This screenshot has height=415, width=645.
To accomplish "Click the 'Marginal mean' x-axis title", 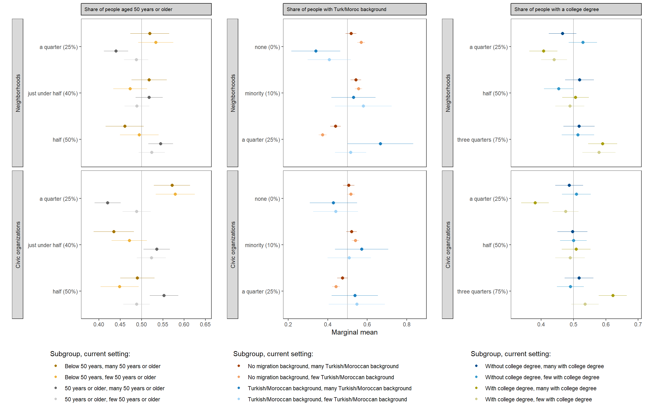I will pyautogui.click(x=354, y=332).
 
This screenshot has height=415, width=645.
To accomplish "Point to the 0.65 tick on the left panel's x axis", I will pyautogui.click(x=205, y=324).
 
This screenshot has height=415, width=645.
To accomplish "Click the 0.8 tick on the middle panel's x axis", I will pyautogui.click(x=406, y=324).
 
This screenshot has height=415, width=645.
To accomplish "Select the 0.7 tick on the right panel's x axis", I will pyautogui.click(x=638, y=324).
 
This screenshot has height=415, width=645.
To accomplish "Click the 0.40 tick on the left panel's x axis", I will pyautogui.click(x=99, y=324).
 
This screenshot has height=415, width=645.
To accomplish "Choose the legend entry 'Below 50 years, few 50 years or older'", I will pyautogui.click(x=110, y=377).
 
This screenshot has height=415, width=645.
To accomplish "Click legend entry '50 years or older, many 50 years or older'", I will pyautogui.click(x=114, y=388).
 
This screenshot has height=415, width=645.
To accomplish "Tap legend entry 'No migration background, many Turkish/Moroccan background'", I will pyautogui.click(x=323, y=366).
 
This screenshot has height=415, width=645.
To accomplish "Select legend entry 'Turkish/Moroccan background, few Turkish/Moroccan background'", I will pyautogui.click(x=327, y=399).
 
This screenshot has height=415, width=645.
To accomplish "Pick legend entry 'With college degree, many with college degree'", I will pyautogui.click(x=541, y=388).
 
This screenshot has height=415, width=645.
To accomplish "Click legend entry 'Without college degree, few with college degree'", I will pyautogui.click(x=542, y=377).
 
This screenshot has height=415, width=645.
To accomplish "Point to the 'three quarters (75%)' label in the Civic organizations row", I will pyautogui.click(x=482, y=292).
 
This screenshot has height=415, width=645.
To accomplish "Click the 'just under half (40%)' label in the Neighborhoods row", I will pyautogui.click(x=53, y=93).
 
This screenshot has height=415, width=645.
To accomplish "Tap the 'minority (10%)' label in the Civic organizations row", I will pyautogui.click(x=262, y=245).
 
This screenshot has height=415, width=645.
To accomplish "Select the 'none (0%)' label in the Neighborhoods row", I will pyautogui.click(x=267, y=47).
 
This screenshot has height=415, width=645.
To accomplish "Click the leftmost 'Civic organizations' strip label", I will pyautogui.click(x=18, y=245).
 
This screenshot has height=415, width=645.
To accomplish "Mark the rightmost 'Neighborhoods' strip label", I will pyautogui.click(x=448, y=93).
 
